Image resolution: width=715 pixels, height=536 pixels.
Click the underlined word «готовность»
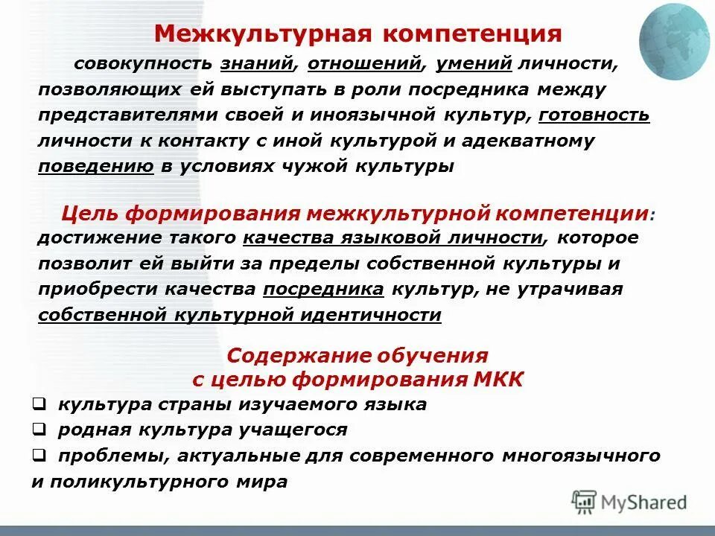coord(594,115)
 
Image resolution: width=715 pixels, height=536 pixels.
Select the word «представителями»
coord(123,115)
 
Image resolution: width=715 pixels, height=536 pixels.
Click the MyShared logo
coord(629,502)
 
